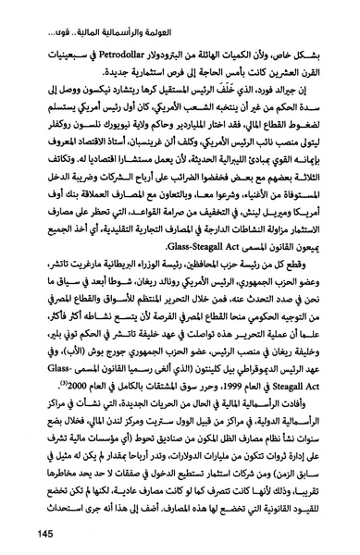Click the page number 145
tap(29, 534)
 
